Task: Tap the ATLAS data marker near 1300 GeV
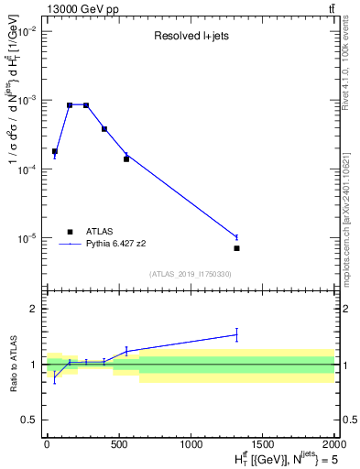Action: (236, 248)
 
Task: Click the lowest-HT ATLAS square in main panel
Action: (55, 151)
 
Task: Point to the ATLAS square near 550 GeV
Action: (126, 159)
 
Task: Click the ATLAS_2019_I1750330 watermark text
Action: (191, 274)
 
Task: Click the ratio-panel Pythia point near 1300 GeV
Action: (236, 334)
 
